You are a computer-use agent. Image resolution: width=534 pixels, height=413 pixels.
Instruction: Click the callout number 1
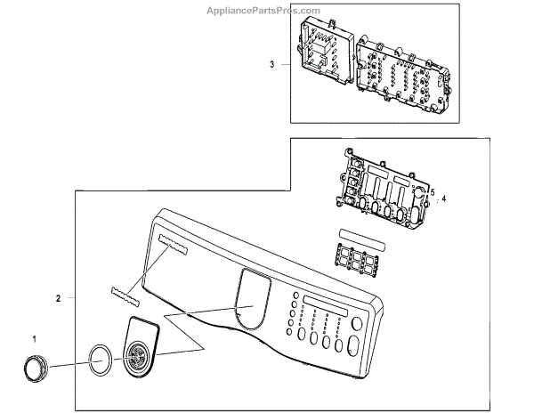coord(35,339)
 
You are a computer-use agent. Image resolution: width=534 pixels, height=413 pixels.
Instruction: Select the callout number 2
coord(58,299)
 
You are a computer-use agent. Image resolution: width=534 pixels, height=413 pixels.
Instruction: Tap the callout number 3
coord(271,64)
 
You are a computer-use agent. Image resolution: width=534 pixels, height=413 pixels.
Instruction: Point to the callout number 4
coord(443,198)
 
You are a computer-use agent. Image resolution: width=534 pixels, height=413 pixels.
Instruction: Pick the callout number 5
coord(432,191)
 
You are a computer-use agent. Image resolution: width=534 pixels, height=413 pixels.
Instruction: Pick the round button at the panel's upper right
coord(357,323)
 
